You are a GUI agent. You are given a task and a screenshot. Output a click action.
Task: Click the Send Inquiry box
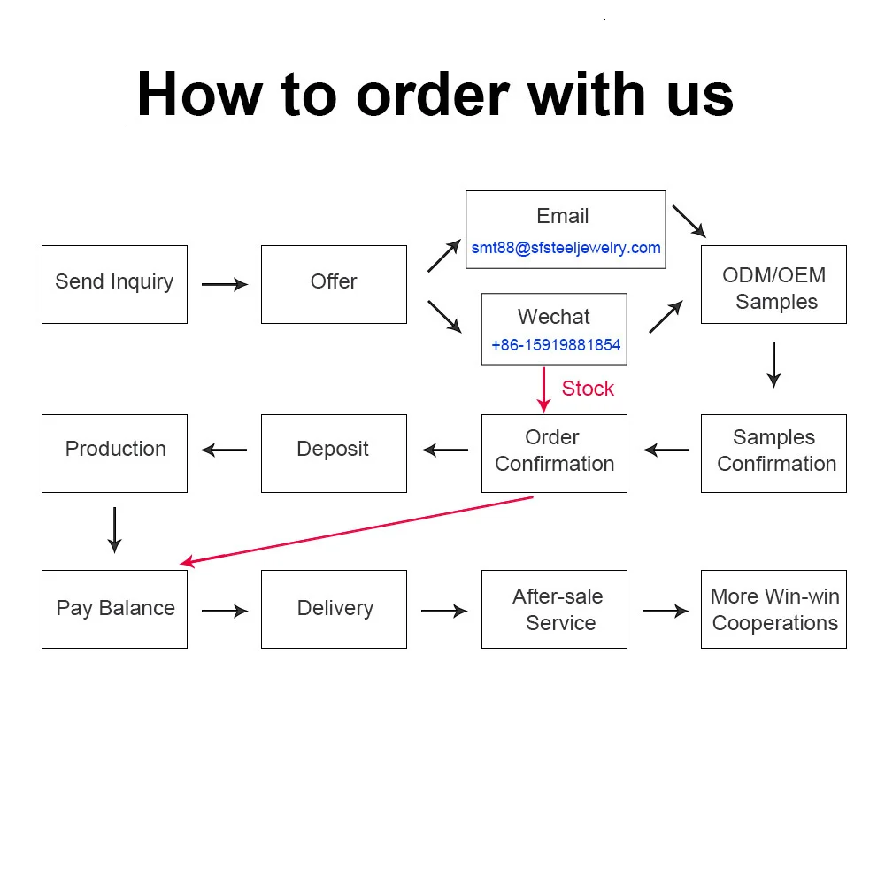point(114,284)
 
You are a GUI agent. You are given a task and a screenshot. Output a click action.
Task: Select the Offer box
point(334,284)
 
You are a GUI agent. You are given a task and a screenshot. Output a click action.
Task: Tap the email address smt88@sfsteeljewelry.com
point(566,248)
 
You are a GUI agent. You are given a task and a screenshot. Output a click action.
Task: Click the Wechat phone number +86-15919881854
point(556,345)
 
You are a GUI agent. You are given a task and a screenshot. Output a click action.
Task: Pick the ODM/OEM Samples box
point(773,284)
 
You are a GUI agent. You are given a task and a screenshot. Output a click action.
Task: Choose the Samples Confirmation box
point(773,453)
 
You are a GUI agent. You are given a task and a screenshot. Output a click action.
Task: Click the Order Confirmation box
point(554,453)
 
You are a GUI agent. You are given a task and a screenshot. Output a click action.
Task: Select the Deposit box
point(334,453)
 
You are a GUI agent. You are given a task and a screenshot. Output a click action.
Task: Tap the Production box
point(114,453)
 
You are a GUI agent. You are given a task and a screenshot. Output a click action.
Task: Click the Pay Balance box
point(114,609)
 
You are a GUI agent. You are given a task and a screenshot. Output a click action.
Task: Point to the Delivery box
point(334,609)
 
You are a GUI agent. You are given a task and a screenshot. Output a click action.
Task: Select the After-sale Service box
point(554,609)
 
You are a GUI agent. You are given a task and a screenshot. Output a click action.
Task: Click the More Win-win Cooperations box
point(773,609)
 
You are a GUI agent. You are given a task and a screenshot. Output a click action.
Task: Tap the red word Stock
point(588,389)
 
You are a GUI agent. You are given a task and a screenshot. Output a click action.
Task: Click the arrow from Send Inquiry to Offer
point(225,284)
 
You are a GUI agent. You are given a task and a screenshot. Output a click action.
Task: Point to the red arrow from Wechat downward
point(544,389)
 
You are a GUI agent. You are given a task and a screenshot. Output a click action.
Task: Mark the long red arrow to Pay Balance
point(354,529)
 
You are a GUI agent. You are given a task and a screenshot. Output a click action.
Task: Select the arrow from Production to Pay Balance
point(114,530)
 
